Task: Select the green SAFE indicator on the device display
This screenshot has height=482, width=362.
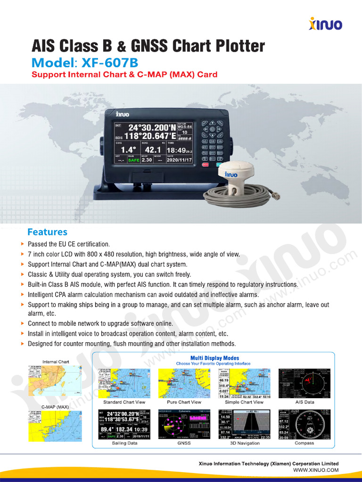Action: [x=133, y=160]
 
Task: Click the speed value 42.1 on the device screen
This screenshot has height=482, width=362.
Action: [x=152, y=150]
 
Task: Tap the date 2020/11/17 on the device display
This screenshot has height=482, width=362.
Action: [x=179, y=160]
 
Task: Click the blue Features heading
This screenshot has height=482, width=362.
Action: [x=47, y=232]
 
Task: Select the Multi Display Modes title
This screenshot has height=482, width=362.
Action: [x=214, y=358]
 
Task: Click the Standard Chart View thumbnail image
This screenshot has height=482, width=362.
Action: [x=124, y=384]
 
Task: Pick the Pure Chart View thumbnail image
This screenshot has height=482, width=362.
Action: [x=184, y=384]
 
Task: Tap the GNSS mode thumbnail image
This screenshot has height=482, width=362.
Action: [x=184, y=424]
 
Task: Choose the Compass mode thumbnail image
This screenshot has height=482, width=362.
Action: [x=304, y=424]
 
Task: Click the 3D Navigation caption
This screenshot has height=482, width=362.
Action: [x=245, y=443]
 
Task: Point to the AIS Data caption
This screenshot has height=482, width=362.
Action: [x=304, y=402]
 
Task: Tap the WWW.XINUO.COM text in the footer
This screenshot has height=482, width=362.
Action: [x=316, y=470]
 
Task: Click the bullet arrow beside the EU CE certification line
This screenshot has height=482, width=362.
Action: [x=23, y=244]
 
